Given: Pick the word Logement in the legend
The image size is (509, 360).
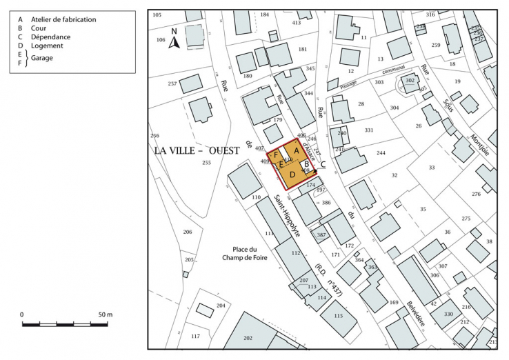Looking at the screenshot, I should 46,46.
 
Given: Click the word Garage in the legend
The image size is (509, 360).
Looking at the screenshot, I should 41,58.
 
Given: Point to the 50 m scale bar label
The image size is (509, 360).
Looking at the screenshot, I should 105,315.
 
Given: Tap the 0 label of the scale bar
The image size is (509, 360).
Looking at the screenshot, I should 22,315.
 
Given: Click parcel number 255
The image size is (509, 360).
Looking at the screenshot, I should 206,163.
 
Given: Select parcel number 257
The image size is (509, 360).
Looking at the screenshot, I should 172,83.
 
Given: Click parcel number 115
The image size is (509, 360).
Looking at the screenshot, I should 337,316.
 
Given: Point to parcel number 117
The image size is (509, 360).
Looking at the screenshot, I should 195,337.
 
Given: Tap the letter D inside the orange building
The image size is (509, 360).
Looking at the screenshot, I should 292,175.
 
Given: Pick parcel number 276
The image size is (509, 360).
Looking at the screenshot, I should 476,194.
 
